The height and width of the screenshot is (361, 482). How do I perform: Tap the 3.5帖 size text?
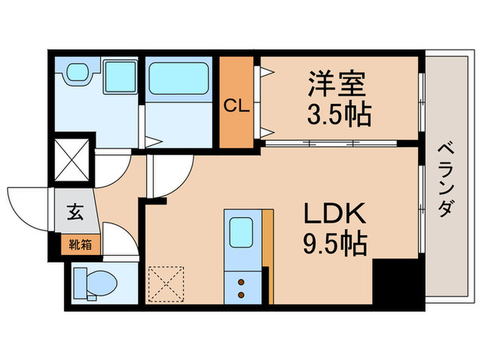[x=339, y=114]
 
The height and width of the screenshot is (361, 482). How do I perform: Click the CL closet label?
[x=235, y=107]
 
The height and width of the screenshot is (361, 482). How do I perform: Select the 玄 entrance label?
[x=74, y=212]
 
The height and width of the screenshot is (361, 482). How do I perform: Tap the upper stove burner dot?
[x=242, y=281]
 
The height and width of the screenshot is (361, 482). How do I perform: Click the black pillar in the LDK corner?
[x=395, y=282]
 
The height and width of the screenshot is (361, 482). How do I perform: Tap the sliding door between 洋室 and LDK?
[x=331, y=144]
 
